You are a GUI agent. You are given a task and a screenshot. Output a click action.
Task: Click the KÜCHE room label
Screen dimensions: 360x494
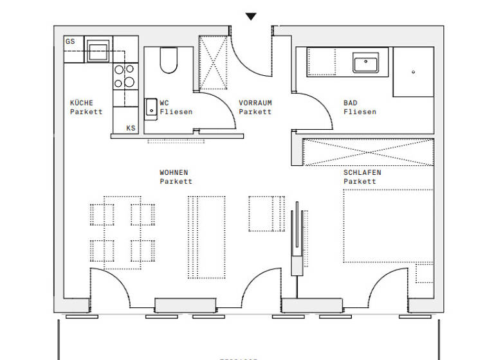point(82,103)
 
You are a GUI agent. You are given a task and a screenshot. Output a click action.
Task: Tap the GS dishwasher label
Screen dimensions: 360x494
point(70,41)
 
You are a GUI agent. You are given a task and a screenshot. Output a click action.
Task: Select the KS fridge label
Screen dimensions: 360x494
point(131,128)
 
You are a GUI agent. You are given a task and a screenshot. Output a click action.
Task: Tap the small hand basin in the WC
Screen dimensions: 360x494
point(151,109)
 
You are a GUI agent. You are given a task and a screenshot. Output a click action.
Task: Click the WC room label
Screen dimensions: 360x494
point(165,103)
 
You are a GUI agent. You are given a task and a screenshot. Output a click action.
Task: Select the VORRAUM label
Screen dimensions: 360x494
point(255,103)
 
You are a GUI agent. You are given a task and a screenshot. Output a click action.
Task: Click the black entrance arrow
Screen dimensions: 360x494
point(251,17)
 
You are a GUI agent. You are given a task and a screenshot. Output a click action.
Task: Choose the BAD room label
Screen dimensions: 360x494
point(351,103)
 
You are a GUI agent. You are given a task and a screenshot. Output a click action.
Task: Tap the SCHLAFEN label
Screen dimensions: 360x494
point(362,172)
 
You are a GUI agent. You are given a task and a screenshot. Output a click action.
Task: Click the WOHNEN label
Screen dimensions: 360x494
point(174,172)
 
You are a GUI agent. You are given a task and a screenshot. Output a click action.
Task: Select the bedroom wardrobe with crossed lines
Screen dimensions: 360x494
point(368,152)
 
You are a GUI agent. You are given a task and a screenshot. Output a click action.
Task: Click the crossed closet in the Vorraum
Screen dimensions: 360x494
point(214,64)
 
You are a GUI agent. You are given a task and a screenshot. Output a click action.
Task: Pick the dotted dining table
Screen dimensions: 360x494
point(122,232)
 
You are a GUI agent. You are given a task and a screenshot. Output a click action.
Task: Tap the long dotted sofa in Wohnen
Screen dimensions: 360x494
point(206,236)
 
